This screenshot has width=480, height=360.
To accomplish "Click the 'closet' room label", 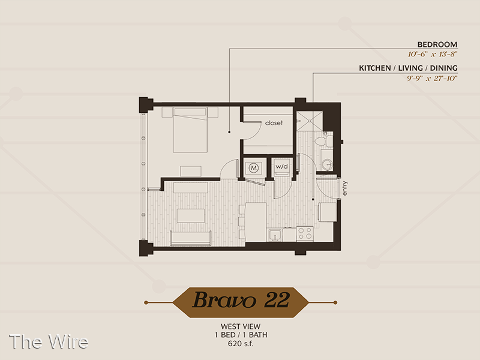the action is coord(274,123).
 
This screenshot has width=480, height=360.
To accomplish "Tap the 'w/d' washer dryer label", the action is coord(281,167).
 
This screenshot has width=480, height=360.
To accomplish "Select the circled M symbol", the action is coord(253,168).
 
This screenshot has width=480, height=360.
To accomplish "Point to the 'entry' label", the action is coord(345,188).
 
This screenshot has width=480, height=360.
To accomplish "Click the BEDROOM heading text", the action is coord(437,44).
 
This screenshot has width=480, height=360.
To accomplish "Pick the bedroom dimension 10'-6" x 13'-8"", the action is coord(432,54).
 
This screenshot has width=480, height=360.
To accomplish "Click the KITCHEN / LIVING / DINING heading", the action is coord(408,68).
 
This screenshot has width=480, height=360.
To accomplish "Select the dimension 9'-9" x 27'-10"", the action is coord(432,78).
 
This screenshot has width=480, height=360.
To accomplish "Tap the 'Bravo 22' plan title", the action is coord(241,299).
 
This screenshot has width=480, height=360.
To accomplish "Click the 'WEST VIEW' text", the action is coord(241,326).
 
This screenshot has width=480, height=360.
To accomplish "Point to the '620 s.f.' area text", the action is coord(241,343).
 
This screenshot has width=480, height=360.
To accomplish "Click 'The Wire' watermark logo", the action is coord(49,341).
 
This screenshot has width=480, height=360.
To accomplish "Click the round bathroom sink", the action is coord(328,164).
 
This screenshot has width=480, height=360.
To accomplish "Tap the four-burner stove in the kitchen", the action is coord(305,233).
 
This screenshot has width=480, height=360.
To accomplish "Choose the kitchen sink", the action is coord(275,235).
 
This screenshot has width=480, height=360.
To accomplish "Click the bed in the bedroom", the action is coord(190,130).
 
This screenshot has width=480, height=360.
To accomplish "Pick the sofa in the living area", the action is coord(190,238).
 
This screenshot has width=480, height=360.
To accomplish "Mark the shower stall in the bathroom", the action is coord(310,121).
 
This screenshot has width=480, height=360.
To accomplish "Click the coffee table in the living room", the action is coord(190,215).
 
